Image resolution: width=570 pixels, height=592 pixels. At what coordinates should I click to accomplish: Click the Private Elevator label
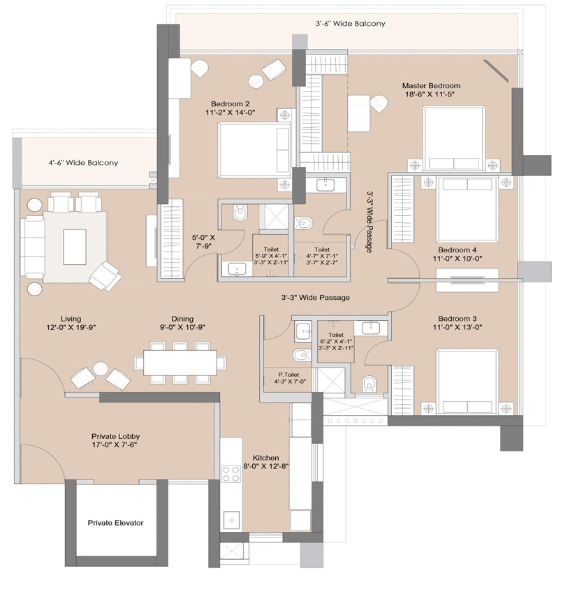(115, 523)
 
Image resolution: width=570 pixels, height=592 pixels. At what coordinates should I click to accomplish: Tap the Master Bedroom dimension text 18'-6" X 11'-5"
(430, 94)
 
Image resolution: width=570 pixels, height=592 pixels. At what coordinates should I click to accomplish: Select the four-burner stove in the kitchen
(231, 474)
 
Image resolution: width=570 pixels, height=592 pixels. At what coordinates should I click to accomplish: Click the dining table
(180, 363)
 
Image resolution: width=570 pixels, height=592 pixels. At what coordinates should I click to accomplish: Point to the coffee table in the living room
(75, 247)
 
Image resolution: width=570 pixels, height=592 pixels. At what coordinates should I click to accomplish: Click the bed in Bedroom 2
(255, 150)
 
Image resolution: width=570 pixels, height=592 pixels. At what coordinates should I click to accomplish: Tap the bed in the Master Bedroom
(454, 138)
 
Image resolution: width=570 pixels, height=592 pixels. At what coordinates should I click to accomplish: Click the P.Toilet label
(288, 375)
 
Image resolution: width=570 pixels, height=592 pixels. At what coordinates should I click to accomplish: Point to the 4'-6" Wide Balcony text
(83, 163)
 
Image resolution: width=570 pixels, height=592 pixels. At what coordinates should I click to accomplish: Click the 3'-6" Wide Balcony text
(351, 23)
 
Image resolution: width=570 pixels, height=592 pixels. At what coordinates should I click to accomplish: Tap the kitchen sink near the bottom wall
(231, 520)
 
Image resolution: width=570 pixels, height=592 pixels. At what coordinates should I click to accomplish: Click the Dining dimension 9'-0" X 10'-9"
(182, 327)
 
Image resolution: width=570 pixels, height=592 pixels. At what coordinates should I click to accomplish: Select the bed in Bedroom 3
(467, 382)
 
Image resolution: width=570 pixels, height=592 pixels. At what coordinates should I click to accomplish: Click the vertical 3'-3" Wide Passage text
(369, 222)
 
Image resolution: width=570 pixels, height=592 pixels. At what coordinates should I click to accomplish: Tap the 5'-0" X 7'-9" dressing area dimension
(203, 242)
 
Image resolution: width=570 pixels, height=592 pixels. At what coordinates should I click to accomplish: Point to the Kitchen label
(266, 458)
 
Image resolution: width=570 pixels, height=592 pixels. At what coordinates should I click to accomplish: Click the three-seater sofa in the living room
(31, 246)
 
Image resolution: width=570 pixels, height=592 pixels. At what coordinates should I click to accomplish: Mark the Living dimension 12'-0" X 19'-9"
(71, 327)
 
